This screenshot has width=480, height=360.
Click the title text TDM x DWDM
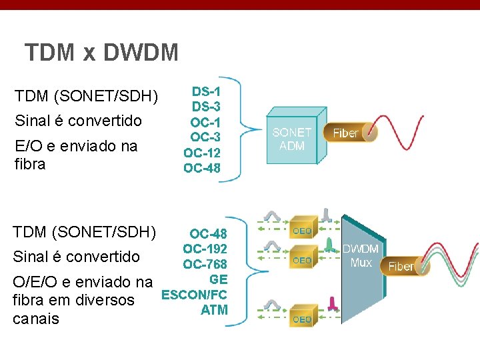pos(101,52)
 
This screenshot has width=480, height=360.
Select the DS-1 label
pos(206,91)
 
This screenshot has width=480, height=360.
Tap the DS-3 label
pos(206,107)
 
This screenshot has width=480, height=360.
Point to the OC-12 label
pos(202,153)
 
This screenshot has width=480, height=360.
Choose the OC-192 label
pos(205,249)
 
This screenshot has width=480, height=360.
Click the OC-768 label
pos(205,264)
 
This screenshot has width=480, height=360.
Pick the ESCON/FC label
pos(194,294)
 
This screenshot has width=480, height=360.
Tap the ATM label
pos(214,309)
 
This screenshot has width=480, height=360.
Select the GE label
pos(218,279)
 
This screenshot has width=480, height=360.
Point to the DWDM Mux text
pos(361,255)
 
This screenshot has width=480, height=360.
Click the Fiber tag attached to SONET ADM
pos(346,133)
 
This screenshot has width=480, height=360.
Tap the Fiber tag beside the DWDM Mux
pos(401,266)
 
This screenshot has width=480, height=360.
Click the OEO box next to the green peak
pos(302,260)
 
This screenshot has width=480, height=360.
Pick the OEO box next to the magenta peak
pos(302,319)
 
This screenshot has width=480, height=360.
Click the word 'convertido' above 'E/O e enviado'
pos(109,121)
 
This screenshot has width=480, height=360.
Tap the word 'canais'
pos(36,319)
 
